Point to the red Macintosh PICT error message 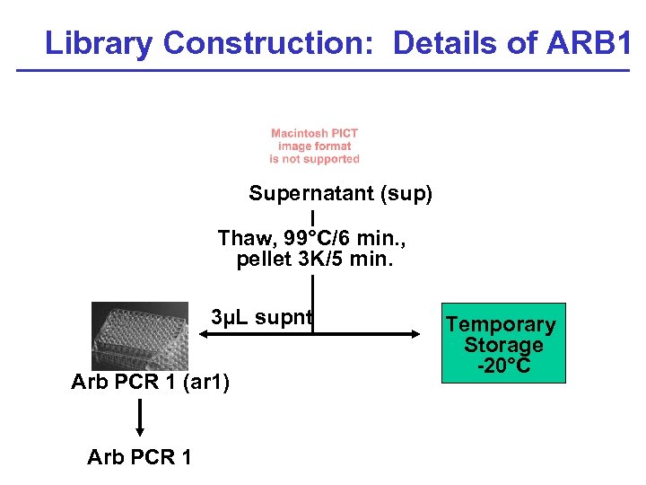click(x=314, y=146)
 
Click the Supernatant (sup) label click(x=340, y=194)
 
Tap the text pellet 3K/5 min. click(x=314, y=260)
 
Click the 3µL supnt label click(x=261, y=317)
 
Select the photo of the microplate click(x=139, y=335)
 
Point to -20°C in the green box click(x=503, y=366)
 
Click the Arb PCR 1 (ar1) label click(x=151, y=384)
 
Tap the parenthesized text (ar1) click(x=205, y=384)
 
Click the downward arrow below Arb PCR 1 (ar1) click(x=141, y=417)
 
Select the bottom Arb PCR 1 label click(x=139, y=457)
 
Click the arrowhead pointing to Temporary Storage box click(x=415, y=334)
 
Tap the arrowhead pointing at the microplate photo click(x=204, y=334)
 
